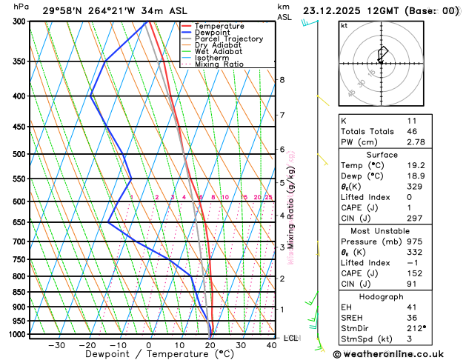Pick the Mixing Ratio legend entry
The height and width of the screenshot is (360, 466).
pos(219,64)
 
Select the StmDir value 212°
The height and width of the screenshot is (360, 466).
pos(416,327)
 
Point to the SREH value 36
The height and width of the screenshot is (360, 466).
pos(412,317)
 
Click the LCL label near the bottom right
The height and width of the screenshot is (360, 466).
pos(291,338)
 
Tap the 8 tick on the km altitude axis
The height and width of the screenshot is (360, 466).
pos(282,80)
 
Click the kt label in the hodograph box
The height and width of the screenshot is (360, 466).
pos(344,25)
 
